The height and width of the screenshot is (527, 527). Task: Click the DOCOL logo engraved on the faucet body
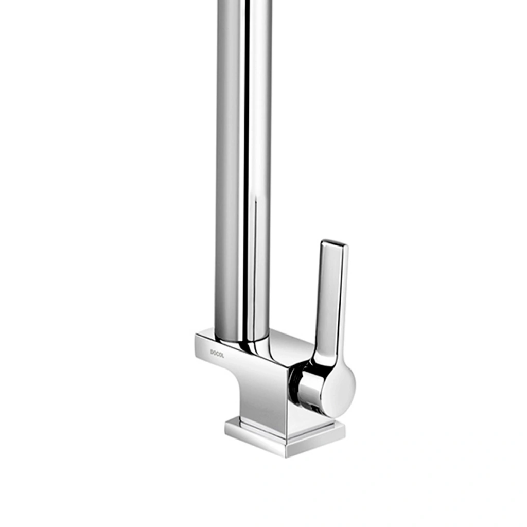[217, 353]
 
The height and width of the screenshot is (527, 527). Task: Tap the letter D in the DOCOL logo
[212, 352]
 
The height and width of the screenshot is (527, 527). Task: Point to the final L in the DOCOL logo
[222, 355]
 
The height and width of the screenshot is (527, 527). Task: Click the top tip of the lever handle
[334, 243]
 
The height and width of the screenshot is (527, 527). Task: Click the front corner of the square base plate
[286, 457]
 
